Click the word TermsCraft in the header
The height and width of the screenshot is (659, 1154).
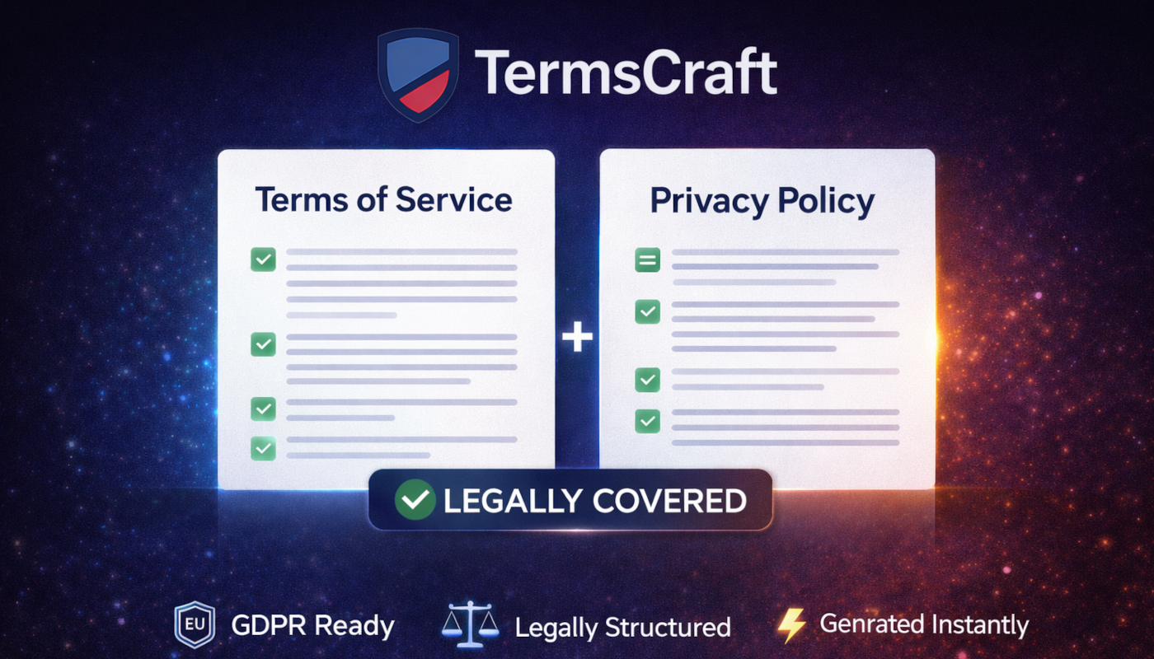coord(626,72)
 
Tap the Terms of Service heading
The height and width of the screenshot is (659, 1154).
coord(383,199)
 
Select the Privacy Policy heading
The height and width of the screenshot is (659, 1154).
coord(762,201)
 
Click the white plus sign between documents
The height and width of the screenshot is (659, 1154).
coord(577,337)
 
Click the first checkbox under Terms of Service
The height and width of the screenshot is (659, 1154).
coord(263,259)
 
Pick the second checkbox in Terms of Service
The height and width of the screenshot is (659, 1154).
coord(263,344)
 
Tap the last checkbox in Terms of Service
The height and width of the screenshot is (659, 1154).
coord(263,448)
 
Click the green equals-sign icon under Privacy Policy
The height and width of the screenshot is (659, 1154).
coord(647,260)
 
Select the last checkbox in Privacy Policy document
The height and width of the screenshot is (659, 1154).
coord(647,421)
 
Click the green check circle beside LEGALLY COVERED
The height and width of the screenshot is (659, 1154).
coord(415,500)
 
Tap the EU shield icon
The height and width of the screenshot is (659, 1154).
coord(195,625)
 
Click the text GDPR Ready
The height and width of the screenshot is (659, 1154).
coord(312,626)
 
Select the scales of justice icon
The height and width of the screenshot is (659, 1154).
coord(471,625)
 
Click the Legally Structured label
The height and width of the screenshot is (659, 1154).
coord(622,628)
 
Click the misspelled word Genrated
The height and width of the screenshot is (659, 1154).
coord(867,625)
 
